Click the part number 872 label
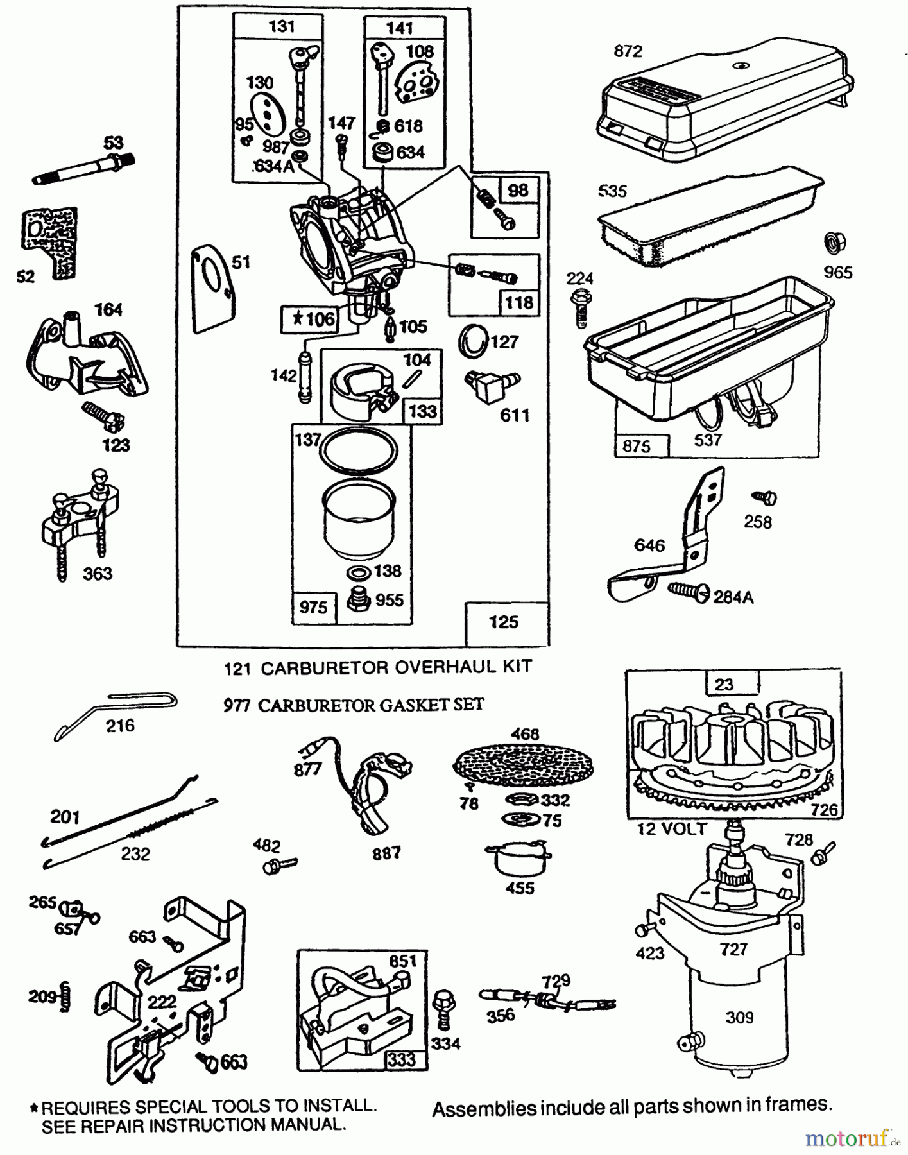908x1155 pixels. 628,51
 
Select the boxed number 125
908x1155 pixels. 504,622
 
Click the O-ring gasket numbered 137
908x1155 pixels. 359,451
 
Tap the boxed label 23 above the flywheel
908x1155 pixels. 724,685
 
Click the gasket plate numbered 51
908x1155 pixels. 212,289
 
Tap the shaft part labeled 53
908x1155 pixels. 83,171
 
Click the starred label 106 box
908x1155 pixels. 309,319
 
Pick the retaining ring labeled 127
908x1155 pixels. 473,341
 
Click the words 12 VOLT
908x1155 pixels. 671,829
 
